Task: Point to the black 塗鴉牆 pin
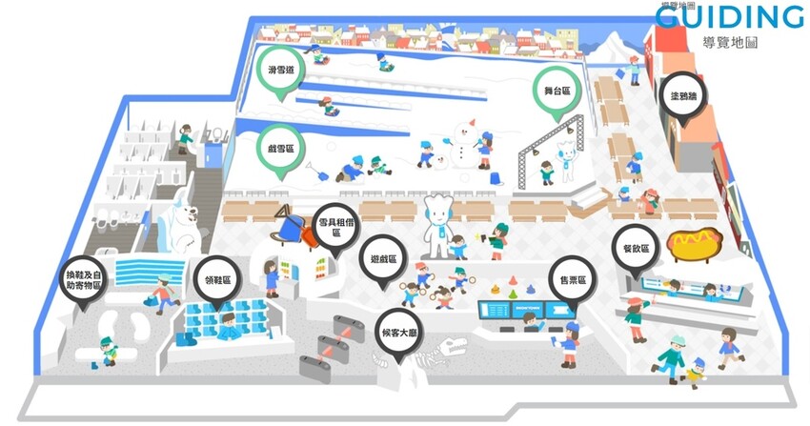click(682, 95)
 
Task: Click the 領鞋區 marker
click(218, 281)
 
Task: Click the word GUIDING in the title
click(729, 17)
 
